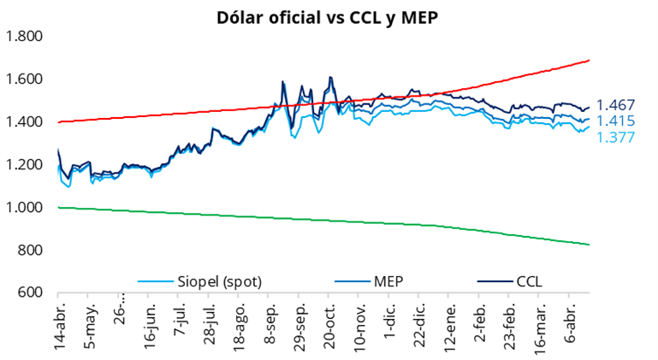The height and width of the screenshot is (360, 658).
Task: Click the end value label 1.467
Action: click(x=615, y=105)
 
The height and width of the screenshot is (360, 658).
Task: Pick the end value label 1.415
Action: click(x=615, y=121)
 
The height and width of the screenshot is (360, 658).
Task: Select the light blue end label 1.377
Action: click(x=615, y=137)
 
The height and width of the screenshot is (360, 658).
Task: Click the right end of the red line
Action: click(x=590, y=61)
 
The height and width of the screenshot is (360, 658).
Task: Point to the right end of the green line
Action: click(x=590, y=245)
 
